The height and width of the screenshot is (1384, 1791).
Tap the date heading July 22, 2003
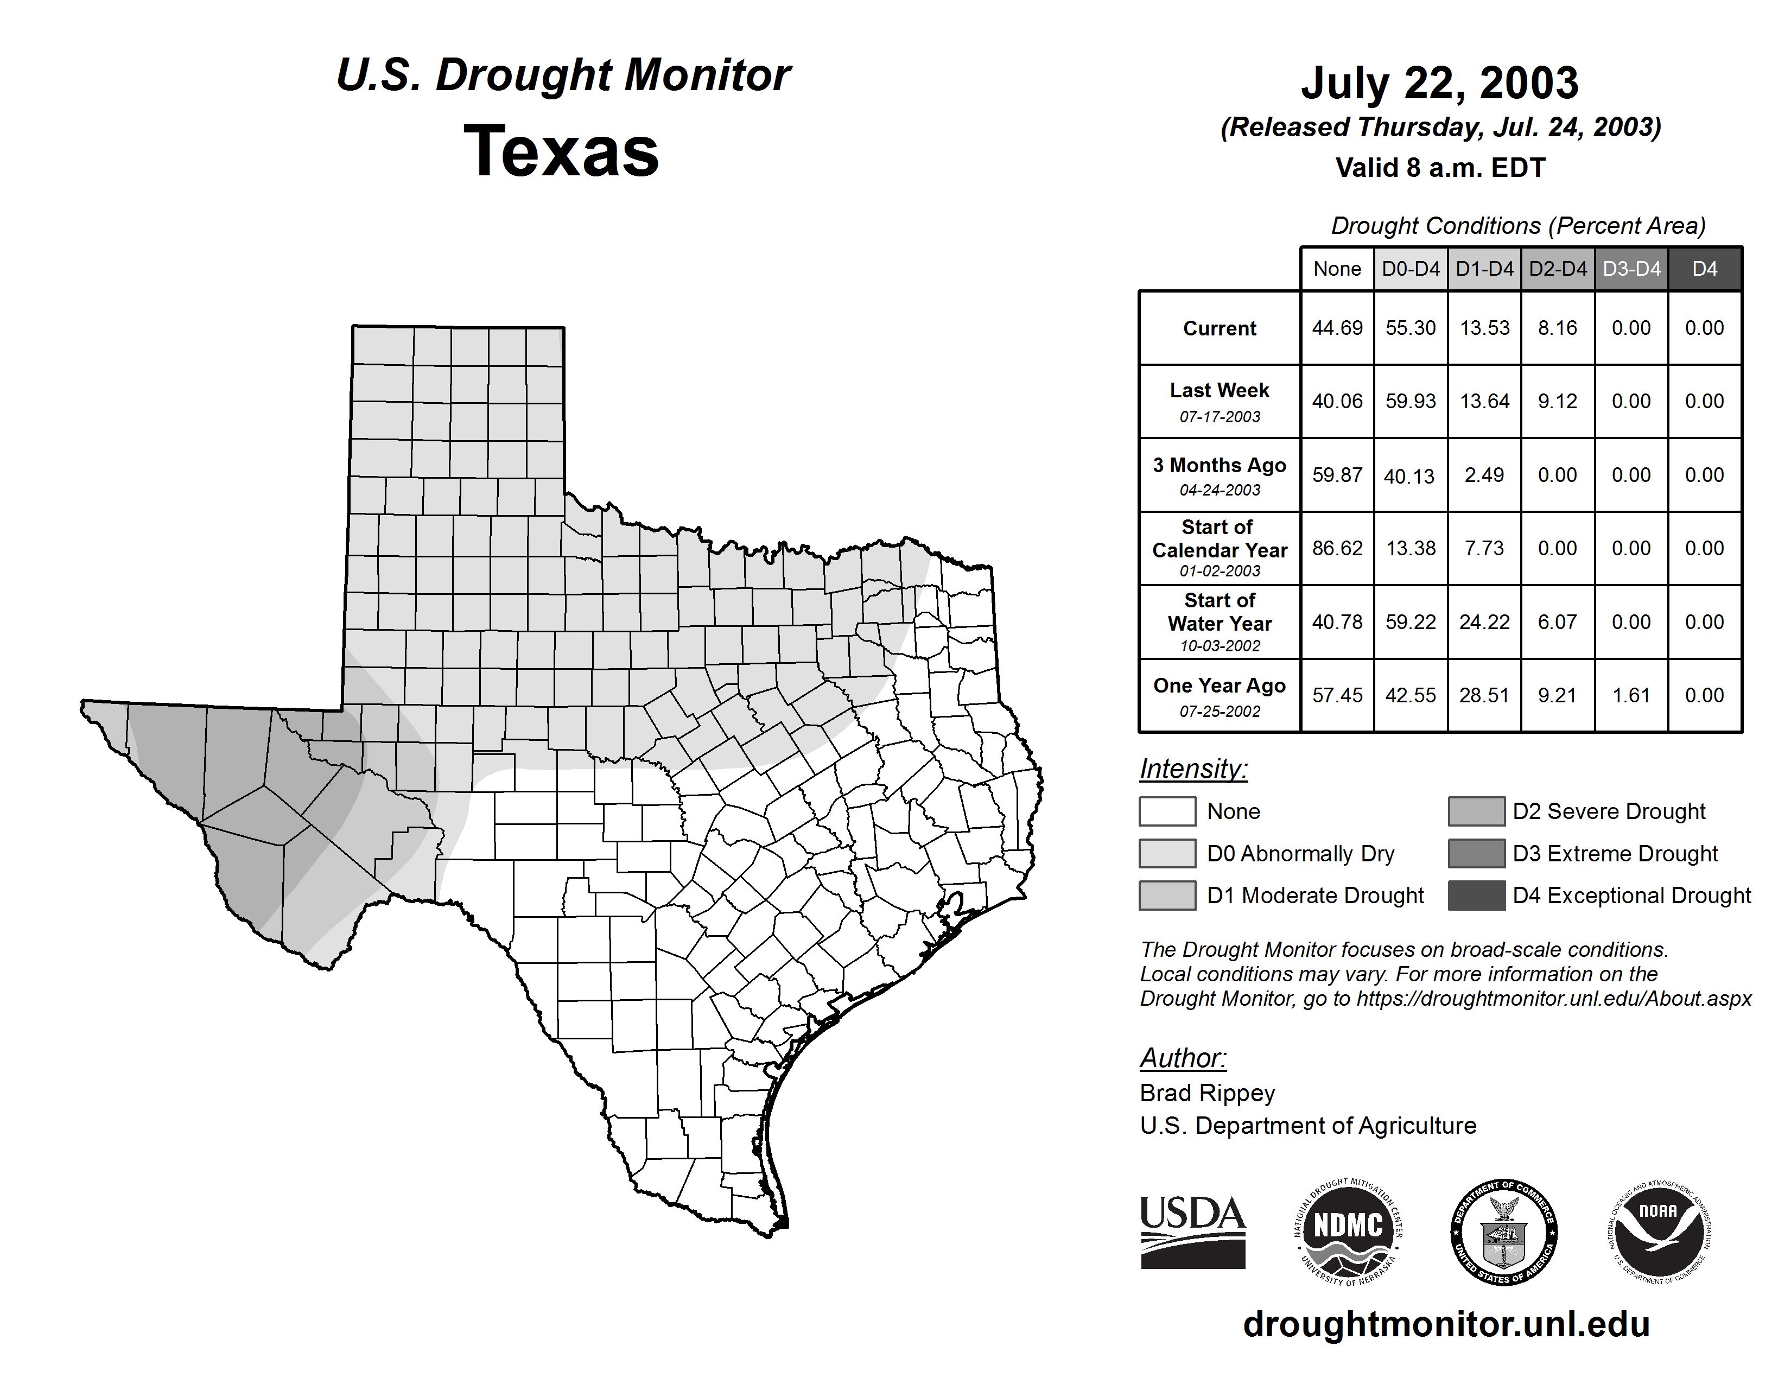coord(1439,83)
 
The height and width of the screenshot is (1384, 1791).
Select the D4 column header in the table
coord(1704,269)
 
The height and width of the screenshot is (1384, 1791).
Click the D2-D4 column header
coord(1557,269)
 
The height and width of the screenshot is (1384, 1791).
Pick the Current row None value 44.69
coord(1337,328)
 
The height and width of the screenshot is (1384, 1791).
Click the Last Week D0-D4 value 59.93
coord(1411,401)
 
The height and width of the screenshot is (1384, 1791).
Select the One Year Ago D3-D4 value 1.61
coord(1631,695)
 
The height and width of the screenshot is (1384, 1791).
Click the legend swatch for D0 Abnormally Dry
coord(1167,853)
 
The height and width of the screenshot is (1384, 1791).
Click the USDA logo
coord(1192,1231)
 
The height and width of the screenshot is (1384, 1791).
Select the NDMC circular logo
coord(1348,1231)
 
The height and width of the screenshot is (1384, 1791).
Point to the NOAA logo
coord(1659,1231)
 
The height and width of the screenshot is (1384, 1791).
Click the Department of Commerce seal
coord(1503,1231)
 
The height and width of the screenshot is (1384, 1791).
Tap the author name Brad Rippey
coord(1207,1093)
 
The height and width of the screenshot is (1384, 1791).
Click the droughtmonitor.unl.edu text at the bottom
coord(1446,1324)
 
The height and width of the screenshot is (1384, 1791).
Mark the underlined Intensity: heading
coord(1193,769)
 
